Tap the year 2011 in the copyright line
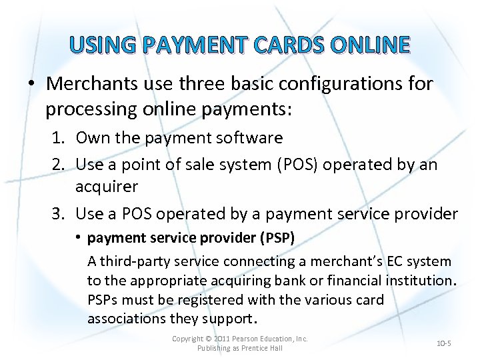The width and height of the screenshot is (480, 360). point(231,339)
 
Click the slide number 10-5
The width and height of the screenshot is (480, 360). point(444,343)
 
